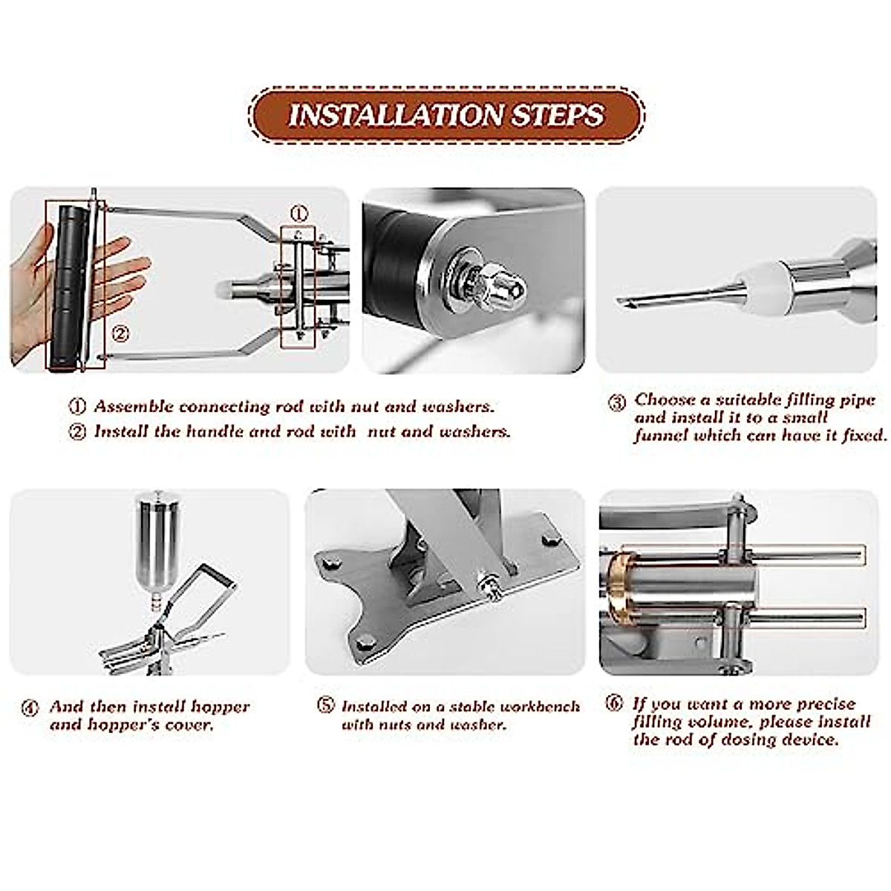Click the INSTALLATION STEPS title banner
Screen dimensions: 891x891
pos(446,115)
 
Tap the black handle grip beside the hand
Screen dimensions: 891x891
pos(68,286)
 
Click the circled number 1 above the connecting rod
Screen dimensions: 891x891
pos(298,214)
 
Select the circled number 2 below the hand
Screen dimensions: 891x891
pos(120,334)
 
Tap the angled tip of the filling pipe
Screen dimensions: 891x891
pos(624,302)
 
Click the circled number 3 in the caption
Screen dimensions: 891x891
pos(617,403)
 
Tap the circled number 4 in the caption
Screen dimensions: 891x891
pos(29,708)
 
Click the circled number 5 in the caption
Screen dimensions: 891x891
pos(325,705)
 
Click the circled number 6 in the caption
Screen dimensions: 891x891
pos(614,703)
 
